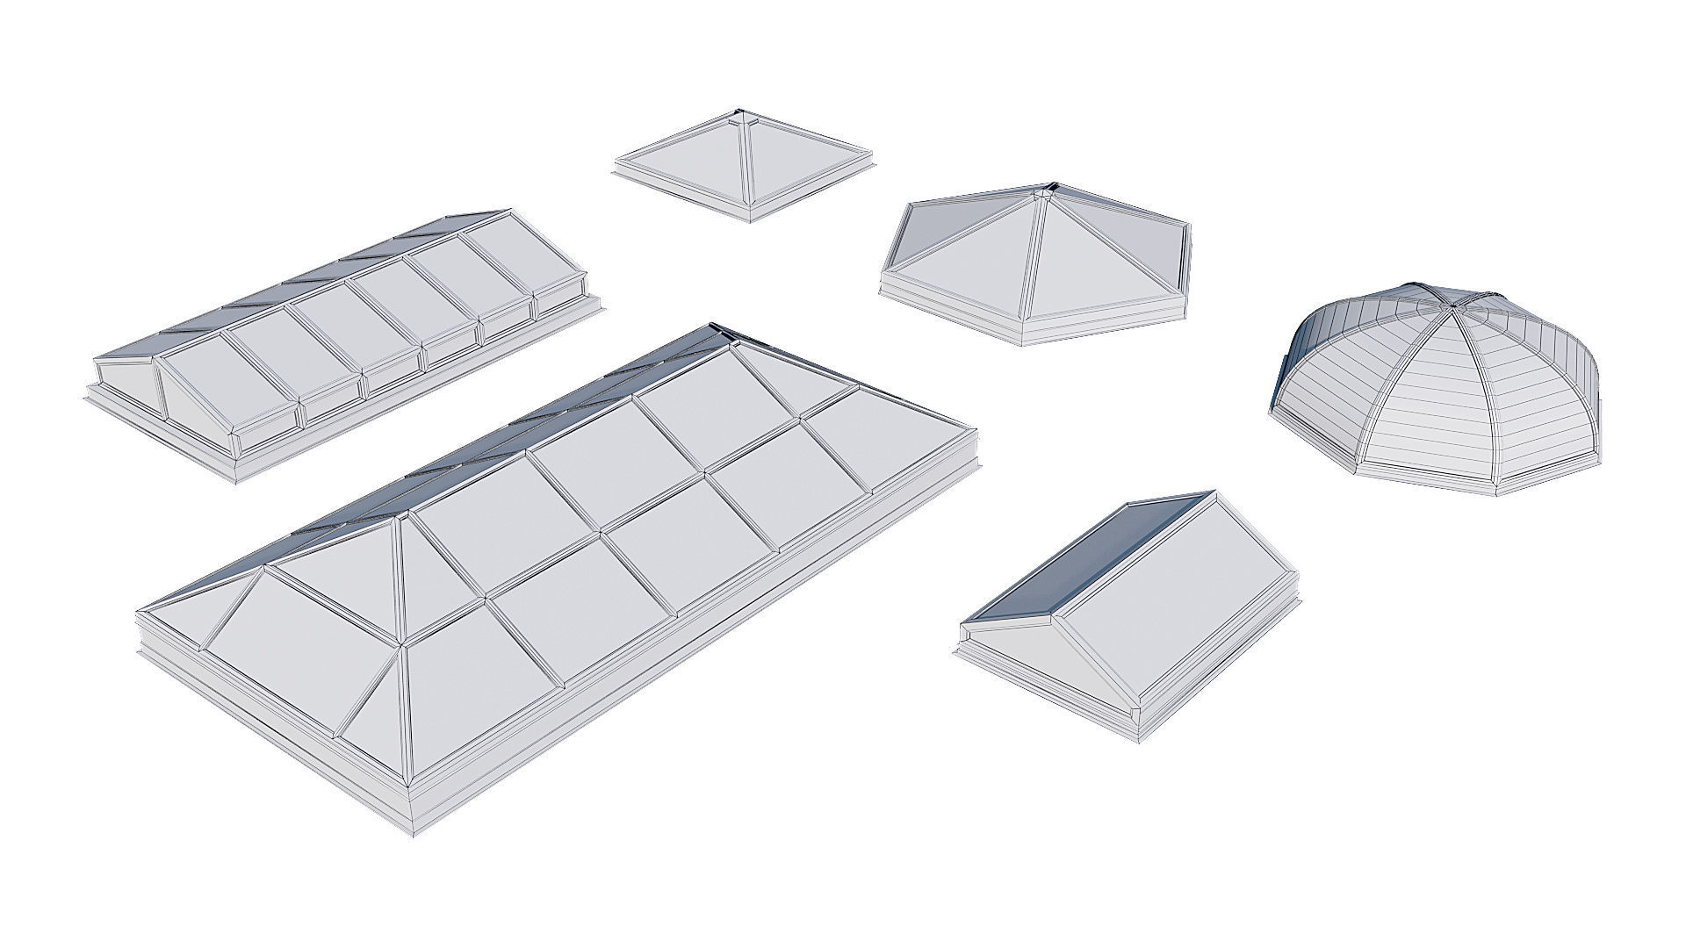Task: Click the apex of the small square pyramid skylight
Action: [741, 114]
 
